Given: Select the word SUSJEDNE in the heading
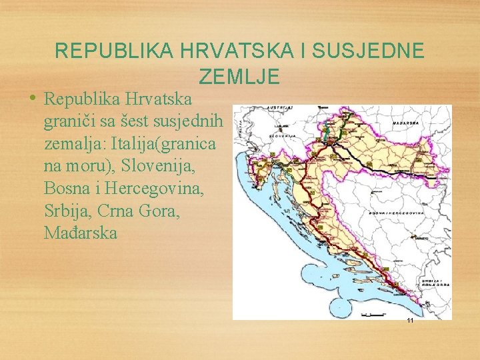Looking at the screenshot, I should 375,51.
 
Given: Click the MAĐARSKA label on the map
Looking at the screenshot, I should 405,123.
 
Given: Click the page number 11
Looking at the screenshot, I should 410,321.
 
